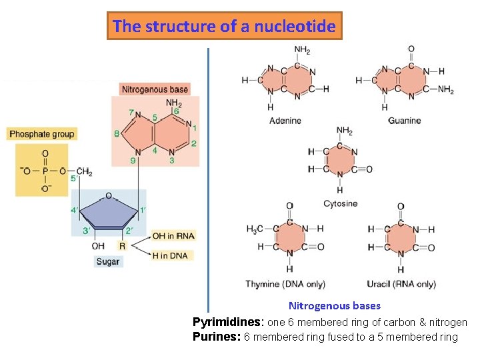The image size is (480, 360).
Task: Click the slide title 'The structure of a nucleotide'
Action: coord(225,27)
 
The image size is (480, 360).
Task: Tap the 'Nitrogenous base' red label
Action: coord(155,89)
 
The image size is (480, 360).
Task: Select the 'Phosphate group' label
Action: coord(42,134)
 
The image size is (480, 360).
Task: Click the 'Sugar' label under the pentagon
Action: coord(108,262)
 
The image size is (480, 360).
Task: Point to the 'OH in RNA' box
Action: coord(173,236)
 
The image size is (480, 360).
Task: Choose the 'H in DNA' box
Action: coord(170,255)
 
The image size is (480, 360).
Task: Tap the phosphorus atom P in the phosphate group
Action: coord(45,171)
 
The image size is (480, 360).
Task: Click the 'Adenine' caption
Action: coord(285,121)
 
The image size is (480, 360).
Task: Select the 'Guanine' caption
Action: coord(405,121)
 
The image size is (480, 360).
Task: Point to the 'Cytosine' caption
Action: coord(340,203)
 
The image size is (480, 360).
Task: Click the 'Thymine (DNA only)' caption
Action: coord(290,284)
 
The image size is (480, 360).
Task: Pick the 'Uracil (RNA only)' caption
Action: coord(401,284)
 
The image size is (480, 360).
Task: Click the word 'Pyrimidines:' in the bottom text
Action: coord(228,322)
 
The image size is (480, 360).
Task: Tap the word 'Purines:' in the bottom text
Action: coord(217,337)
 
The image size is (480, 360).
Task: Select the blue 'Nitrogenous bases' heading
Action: coord(335,306)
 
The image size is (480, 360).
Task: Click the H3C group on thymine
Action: coord(255,229)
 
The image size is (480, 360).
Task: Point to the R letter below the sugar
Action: coord(122,246)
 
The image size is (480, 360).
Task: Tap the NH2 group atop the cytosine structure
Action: coord(345,131)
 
